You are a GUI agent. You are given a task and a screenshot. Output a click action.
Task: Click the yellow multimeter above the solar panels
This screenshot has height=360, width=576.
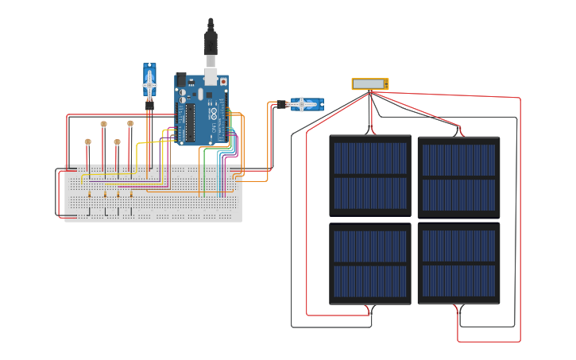tap(370, 83)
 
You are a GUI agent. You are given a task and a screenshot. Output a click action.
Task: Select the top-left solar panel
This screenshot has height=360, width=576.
tap(370, 176)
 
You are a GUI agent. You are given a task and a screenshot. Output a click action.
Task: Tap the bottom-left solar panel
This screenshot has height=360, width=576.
tap(370, 264)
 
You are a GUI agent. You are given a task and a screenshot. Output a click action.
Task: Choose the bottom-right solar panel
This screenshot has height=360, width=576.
tap(459, 264)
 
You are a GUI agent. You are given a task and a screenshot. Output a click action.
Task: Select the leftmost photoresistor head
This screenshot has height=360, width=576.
tap(87, 142)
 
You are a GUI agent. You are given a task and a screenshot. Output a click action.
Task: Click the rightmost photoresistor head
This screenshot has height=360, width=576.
tap(130, 123)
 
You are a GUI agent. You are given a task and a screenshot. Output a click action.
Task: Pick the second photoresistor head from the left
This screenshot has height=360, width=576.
tap(103, 123)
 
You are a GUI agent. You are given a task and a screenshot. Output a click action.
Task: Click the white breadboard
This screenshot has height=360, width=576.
tap(153, 194)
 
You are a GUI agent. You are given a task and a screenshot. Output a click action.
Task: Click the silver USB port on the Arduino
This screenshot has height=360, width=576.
tap(211, 76)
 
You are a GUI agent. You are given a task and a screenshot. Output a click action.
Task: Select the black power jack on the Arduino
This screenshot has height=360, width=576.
tap(180, 79)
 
